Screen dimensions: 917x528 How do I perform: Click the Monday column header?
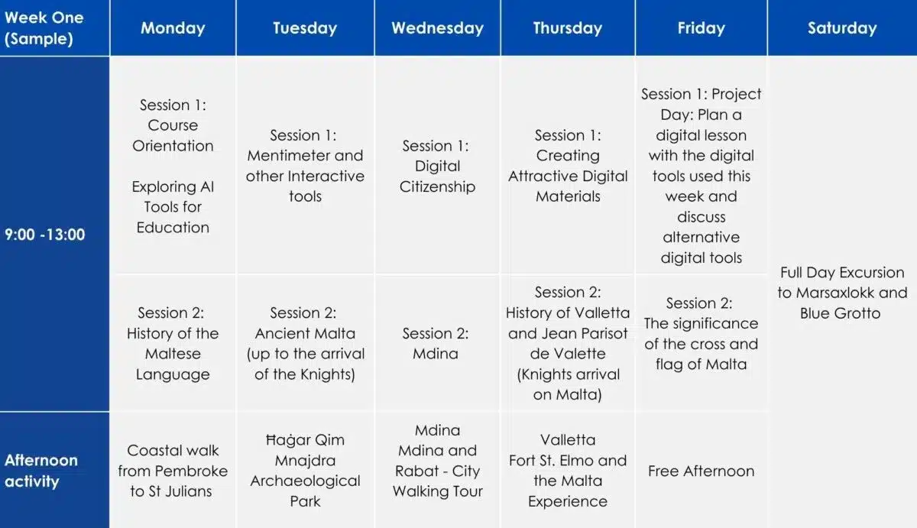click(x=173, y=28)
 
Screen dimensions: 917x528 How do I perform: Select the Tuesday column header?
click(x=305, y=28)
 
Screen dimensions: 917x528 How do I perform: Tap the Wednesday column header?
click(x=437, y=28)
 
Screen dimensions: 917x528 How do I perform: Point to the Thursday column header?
click(x=567, y=28)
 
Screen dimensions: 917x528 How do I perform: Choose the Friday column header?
click(x=701, y=28)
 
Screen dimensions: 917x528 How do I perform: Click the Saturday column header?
click(x=842, y=28)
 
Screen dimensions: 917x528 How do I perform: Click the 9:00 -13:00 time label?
click(x=44, y=235)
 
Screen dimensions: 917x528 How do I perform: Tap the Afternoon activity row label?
click(x=41, y=471)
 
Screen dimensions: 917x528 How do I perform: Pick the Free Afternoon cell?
click(x=701, y=471)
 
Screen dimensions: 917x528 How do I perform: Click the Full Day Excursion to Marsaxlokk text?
click(x=842, y=283)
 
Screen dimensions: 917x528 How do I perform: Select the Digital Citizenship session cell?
click(x=437, y=166)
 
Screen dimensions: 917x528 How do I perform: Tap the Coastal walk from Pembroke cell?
click(x=173, y=471)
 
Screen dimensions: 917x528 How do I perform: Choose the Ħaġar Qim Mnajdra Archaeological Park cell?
click(x=305, y=471)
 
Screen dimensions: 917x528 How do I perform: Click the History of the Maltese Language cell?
click(x=173, y=343)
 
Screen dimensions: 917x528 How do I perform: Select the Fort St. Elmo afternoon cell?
click(x=567, y=471)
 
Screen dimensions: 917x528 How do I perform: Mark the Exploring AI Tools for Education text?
click(x=173, y=207)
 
